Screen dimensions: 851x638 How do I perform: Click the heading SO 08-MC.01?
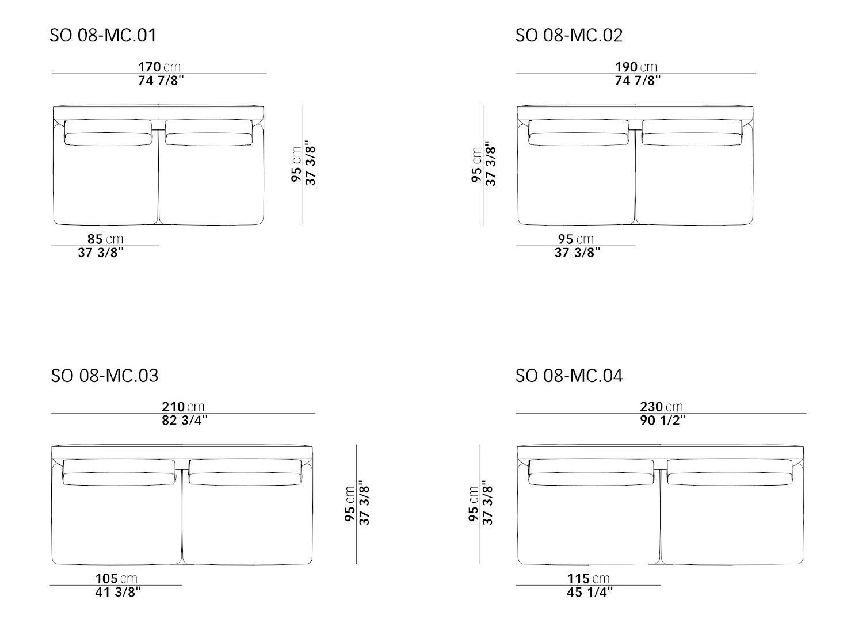coord(103,35)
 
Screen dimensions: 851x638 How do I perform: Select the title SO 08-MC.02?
coord(568,35)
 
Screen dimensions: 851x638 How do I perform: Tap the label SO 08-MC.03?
coord(105,376)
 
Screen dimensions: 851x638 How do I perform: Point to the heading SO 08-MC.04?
coord(568,376)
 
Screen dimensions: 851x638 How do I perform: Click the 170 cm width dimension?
coord(159,67)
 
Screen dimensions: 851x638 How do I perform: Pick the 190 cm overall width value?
coord(636,67)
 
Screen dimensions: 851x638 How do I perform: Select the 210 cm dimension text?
coord(183,407)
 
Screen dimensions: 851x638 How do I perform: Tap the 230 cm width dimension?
coord(661,407)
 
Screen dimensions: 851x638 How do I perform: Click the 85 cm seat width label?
coord(105,239)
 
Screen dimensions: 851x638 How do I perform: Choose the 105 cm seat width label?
coord(116,579)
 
